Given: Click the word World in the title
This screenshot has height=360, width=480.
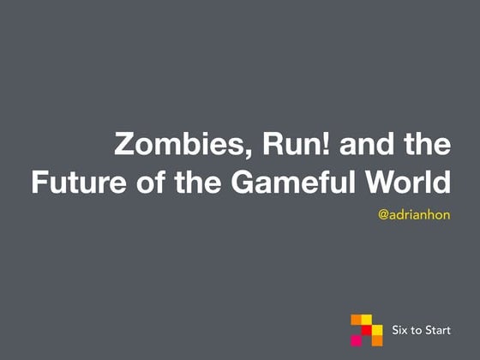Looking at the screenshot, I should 408,183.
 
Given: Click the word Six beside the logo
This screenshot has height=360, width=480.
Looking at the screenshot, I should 400,330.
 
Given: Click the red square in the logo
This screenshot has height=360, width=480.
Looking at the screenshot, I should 366,330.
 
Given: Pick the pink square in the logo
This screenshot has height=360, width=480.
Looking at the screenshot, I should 357,339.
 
